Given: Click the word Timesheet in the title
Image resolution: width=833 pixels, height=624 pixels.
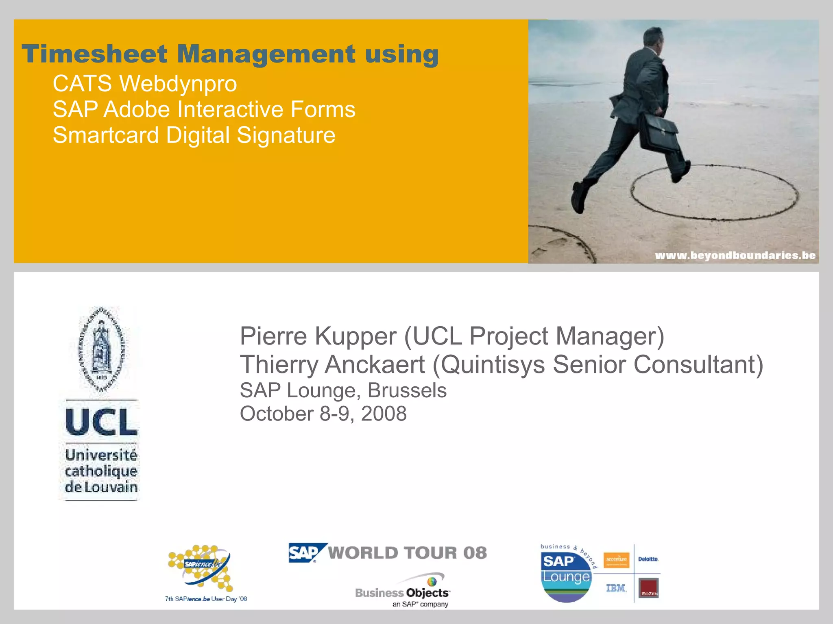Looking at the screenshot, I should (x=94, y=54).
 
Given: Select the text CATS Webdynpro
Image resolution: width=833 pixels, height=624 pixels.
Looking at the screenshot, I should (x=144, y=84).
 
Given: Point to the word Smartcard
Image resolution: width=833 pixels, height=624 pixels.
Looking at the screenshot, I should (x=106, y=135).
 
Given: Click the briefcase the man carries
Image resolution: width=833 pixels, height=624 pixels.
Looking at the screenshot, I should (x=658, y=133).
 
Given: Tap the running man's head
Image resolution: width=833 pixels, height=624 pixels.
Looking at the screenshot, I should (x=653, y=40).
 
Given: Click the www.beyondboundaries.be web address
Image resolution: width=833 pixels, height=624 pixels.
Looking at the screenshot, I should (x=735, y=256).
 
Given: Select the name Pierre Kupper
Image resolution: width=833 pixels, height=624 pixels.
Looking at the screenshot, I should (x=318, y=336).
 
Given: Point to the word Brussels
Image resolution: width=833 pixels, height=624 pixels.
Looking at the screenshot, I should (x=407, y=390).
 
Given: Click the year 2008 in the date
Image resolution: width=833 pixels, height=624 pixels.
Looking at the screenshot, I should (x=384, y=414).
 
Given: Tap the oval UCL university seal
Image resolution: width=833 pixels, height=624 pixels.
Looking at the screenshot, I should (x=102, y=349).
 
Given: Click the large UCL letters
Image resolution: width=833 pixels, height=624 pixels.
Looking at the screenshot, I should (x=101, y=422).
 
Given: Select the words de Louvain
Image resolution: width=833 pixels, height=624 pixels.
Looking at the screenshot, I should (x=101, y=487).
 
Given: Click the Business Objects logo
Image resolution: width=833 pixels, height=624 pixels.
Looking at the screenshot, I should (x=403, y=591).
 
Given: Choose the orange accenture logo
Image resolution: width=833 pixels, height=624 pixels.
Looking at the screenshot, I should (x=616, y=560).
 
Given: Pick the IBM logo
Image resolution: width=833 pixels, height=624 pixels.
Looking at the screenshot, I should (x=616, y=588).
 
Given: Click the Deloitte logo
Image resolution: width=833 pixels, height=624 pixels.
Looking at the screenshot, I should (x=648, y=559).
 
